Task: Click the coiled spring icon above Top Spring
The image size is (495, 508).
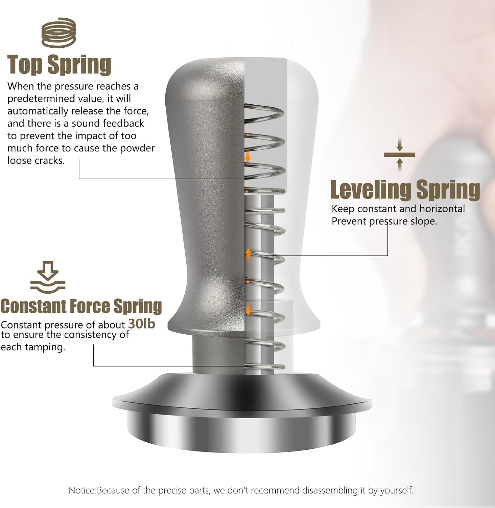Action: pos(58,33)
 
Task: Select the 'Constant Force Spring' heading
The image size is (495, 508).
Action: pos(81,306)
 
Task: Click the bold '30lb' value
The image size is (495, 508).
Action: pos(142,324)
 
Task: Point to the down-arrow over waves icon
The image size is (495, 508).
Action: pos(48,277)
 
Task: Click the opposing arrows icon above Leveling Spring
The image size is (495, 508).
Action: pos(400,155)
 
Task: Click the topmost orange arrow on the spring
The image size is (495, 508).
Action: pos(248,157)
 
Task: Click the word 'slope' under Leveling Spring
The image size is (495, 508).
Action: pos(423,221)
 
